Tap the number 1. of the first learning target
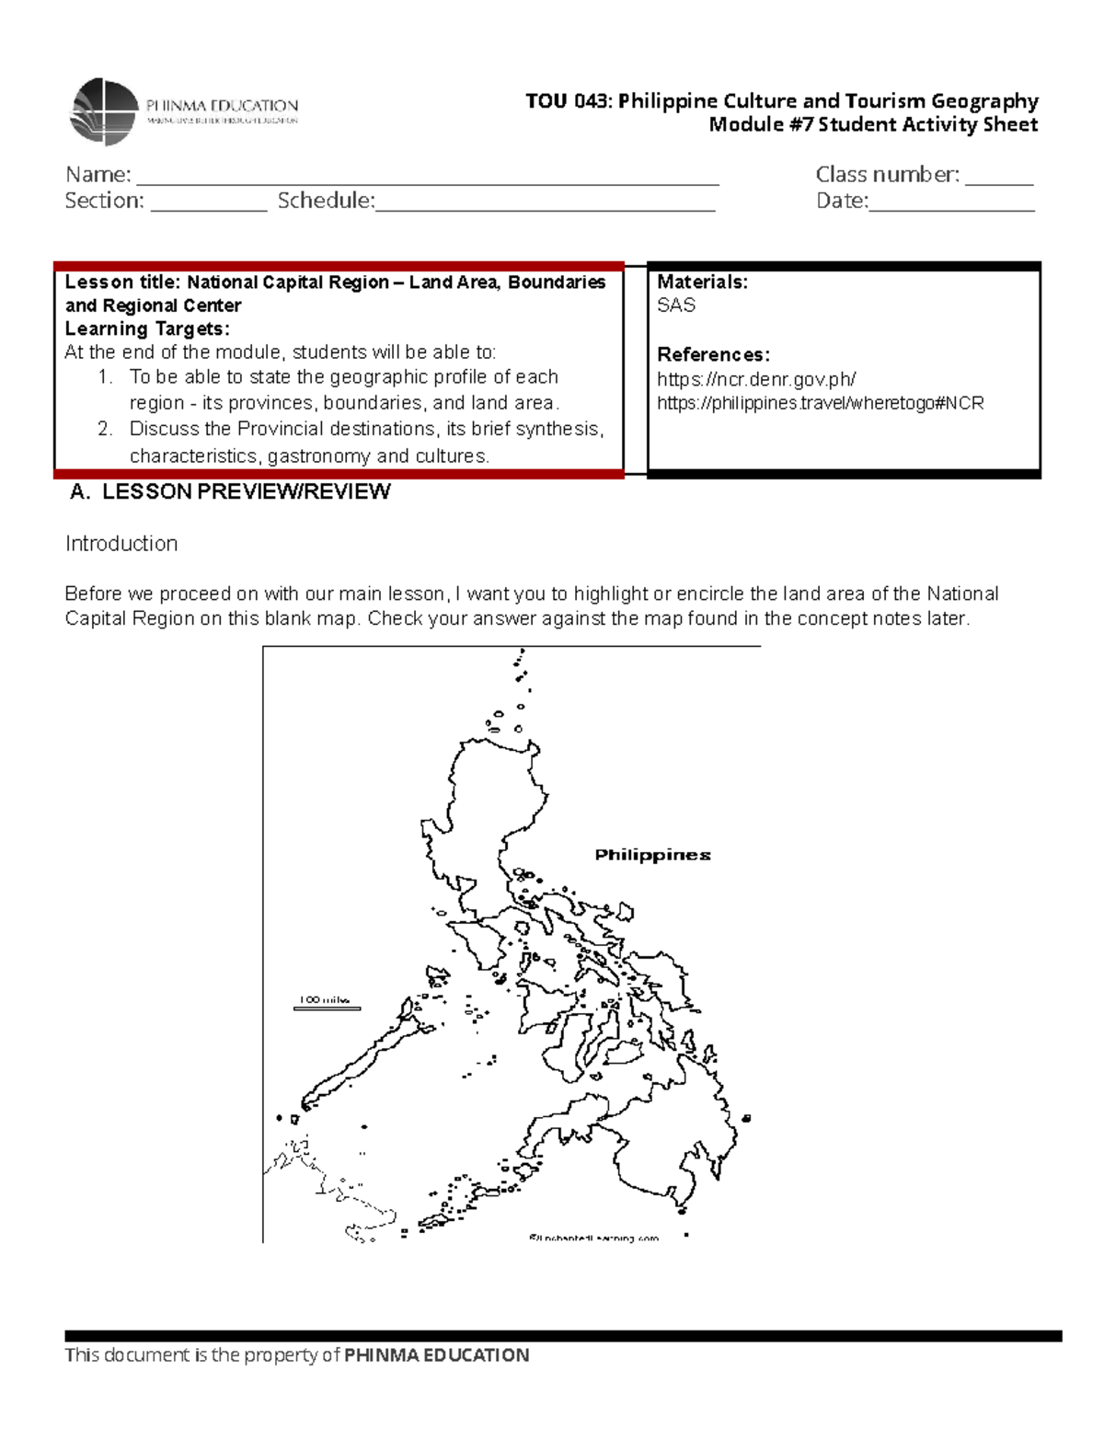pos(105,377)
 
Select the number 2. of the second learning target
pos(105,429)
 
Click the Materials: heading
pos(702,282)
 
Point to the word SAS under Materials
pos(676,305)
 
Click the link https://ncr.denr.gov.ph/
pos(756,379)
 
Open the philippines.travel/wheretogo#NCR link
pos(820,403)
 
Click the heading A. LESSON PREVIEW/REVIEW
pos(231,492)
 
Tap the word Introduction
pos(121,544)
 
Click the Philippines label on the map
pos(652,855)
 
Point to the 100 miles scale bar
pos(327,1004)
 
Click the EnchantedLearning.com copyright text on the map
pos(594,1238)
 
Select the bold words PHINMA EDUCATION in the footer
pos(436,1355)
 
